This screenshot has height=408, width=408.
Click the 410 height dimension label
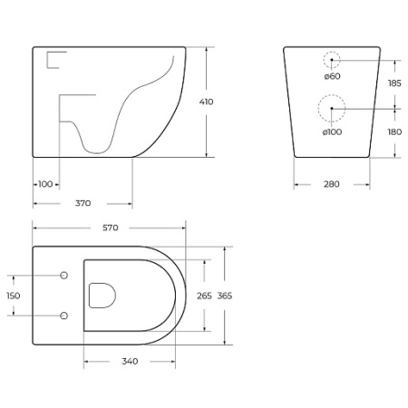point(206,102)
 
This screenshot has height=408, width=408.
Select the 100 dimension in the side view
point(45,184)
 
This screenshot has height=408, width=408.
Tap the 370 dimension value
point(83,204)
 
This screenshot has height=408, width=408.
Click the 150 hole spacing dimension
point(14,296)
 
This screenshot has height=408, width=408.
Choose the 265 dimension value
point(205,296)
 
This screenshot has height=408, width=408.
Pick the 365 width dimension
point(224,296)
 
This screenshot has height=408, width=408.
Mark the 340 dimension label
point(129,362)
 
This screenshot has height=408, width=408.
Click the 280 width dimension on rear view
point(331,184)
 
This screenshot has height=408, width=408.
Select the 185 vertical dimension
point(395,83)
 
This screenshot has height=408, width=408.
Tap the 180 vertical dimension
point(395,131)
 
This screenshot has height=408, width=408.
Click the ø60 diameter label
point(333,76)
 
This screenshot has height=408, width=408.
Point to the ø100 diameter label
point(333,133)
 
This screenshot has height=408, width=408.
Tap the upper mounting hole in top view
point(63,276)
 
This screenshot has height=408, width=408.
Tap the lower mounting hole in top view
point(63,316)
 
